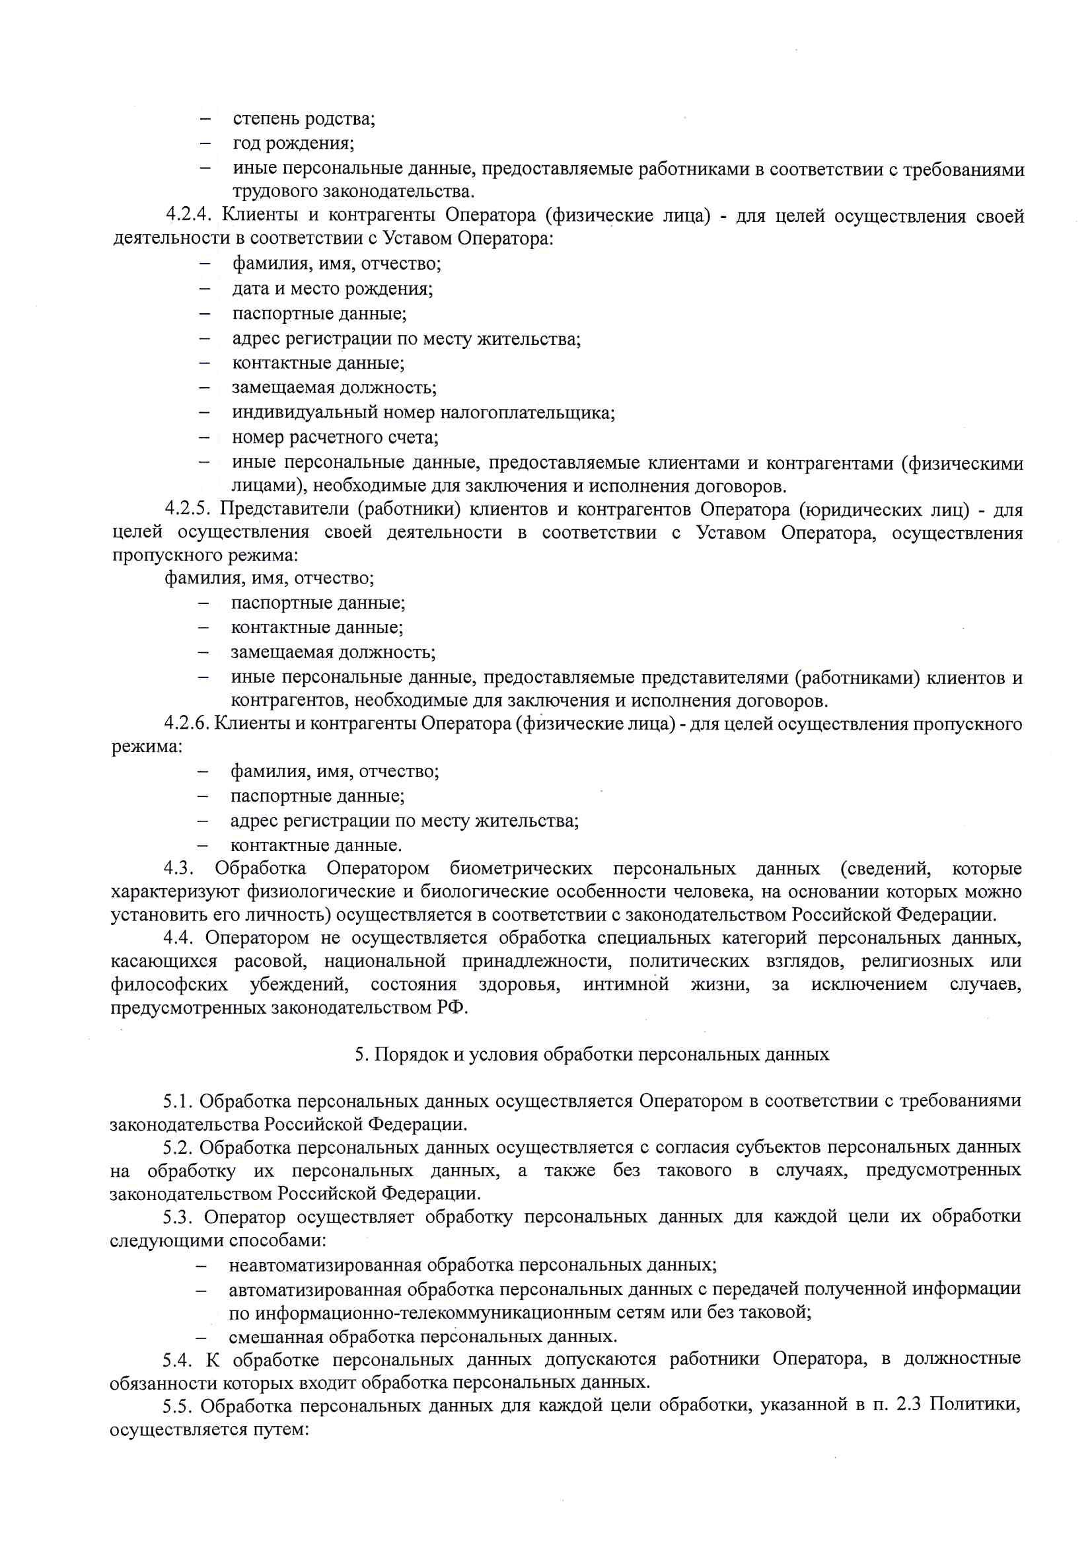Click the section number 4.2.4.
pyautogui.click(x=189, y=216)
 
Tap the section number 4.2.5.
pyautogui.click(x=188, y=509)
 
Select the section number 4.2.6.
pyautogui.click(x=187, y=724)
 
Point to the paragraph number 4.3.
pyautogui.click(x=179, y=868)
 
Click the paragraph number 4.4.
pyautogui.click(x=179, y=936)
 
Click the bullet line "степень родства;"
pyautogui.click(x=304, y=119)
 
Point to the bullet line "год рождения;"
pyautogui.click(x=293, y=143)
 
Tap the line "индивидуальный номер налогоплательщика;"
pyautogui.click(x=423, y=412)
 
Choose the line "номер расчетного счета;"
pyautogui.click(x=335, y=437)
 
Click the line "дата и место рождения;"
pyautogui.click(x=332, y=289)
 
